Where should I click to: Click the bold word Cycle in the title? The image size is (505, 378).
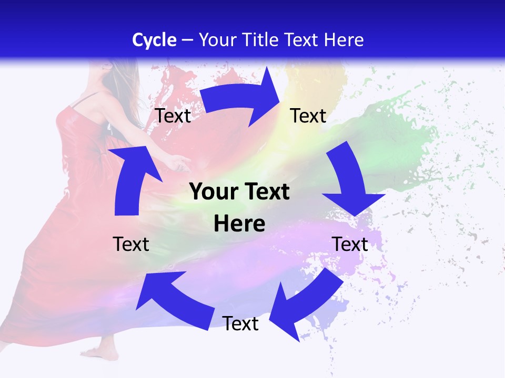coord(154,40)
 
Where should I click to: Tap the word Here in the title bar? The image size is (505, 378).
coord(344,40)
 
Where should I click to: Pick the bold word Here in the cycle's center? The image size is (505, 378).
coord(239,224)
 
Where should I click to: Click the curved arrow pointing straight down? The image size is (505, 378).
coord(350,184)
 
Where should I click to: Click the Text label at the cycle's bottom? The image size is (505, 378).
coord(240,324)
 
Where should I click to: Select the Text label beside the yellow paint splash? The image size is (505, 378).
coord(309,115)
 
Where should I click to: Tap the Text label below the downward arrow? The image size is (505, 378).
coord(350,244)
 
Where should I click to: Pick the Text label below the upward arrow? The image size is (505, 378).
coord(131,244)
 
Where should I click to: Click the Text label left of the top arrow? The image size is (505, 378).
coord(173,115)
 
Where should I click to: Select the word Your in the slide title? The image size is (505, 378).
coord(217,40)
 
